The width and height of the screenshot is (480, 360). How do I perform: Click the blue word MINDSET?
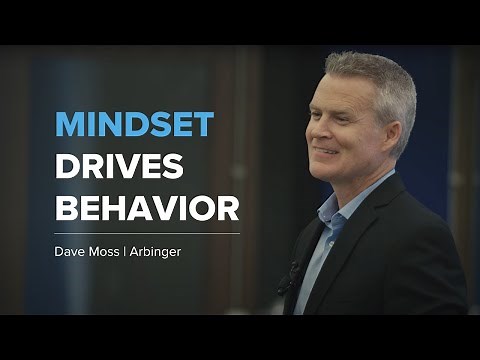point(134,124)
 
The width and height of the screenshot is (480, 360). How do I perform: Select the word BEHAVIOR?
point(146,209)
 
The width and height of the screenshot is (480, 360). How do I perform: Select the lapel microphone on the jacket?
point(292,271)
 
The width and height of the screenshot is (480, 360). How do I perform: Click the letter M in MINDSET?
point(68,124)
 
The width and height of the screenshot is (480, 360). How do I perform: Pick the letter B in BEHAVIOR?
point(66,209)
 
